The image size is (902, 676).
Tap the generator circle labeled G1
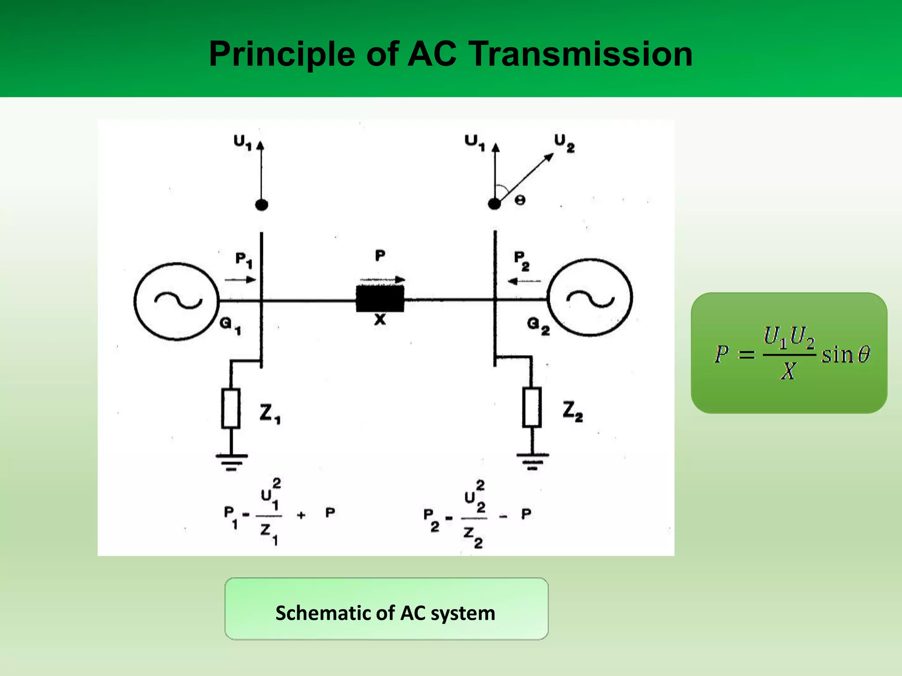177,301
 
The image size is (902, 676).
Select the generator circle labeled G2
590,298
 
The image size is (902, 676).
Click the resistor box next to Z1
231,408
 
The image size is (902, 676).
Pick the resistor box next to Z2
532,407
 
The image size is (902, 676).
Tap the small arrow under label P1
240,279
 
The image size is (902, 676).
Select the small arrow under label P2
524,281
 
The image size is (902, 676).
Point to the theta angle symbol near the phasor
520,200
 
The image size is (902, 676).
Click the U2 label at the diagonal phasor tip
564,143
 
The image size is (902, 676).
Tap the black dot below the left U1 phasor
262,205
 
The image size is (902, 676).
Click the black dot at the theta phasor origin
495,204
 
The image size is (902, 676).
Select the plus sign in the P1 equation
301,515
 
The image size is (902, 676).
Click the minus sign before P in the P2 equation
503,517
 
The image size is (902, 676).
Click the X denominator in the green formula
788,371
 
